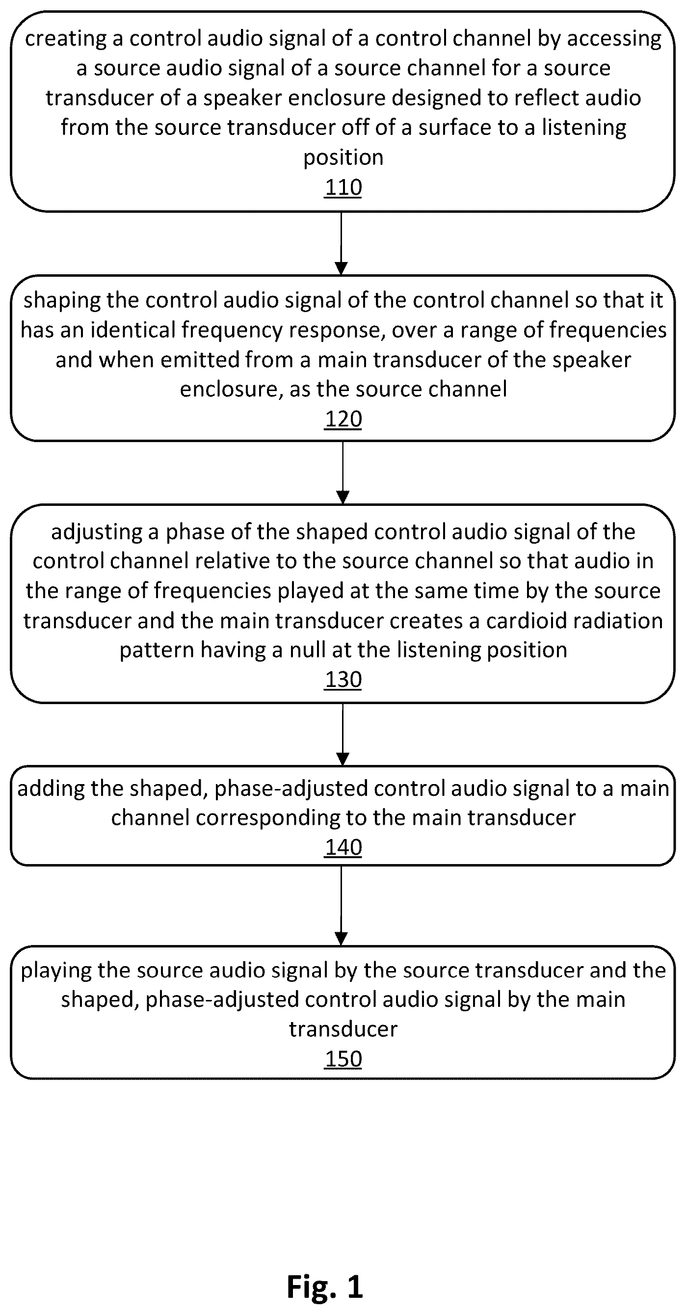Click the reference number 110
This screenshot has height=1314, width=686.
pos(343,187)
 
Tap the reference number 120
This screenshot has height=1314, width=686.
pos(343,419)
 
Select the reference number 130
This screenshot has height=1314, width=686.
pos(343,680)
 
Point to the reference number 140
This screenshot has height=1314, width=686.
pos(343,847)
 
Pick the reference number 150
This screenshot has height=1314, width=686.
pos(343,1059)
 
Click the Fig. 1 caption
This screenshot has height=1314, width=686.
pos(325,1286)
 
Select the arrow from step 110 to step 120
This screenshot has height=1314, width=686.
pos(341,243)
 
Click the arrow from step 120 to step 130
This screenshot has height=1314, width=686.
pos(343,473)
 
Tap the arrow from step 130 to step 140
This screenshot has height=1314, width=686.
pos(343,734)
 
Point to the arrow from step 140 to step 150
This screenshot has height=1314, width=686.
pos(341,905)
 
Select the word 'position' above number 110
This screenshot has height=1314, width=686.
pos(343,158)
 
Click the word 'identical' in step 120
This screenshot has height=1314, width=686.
pos(132,330)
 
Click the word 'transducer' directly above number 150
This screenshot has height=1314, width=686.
pos(343,1029)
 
